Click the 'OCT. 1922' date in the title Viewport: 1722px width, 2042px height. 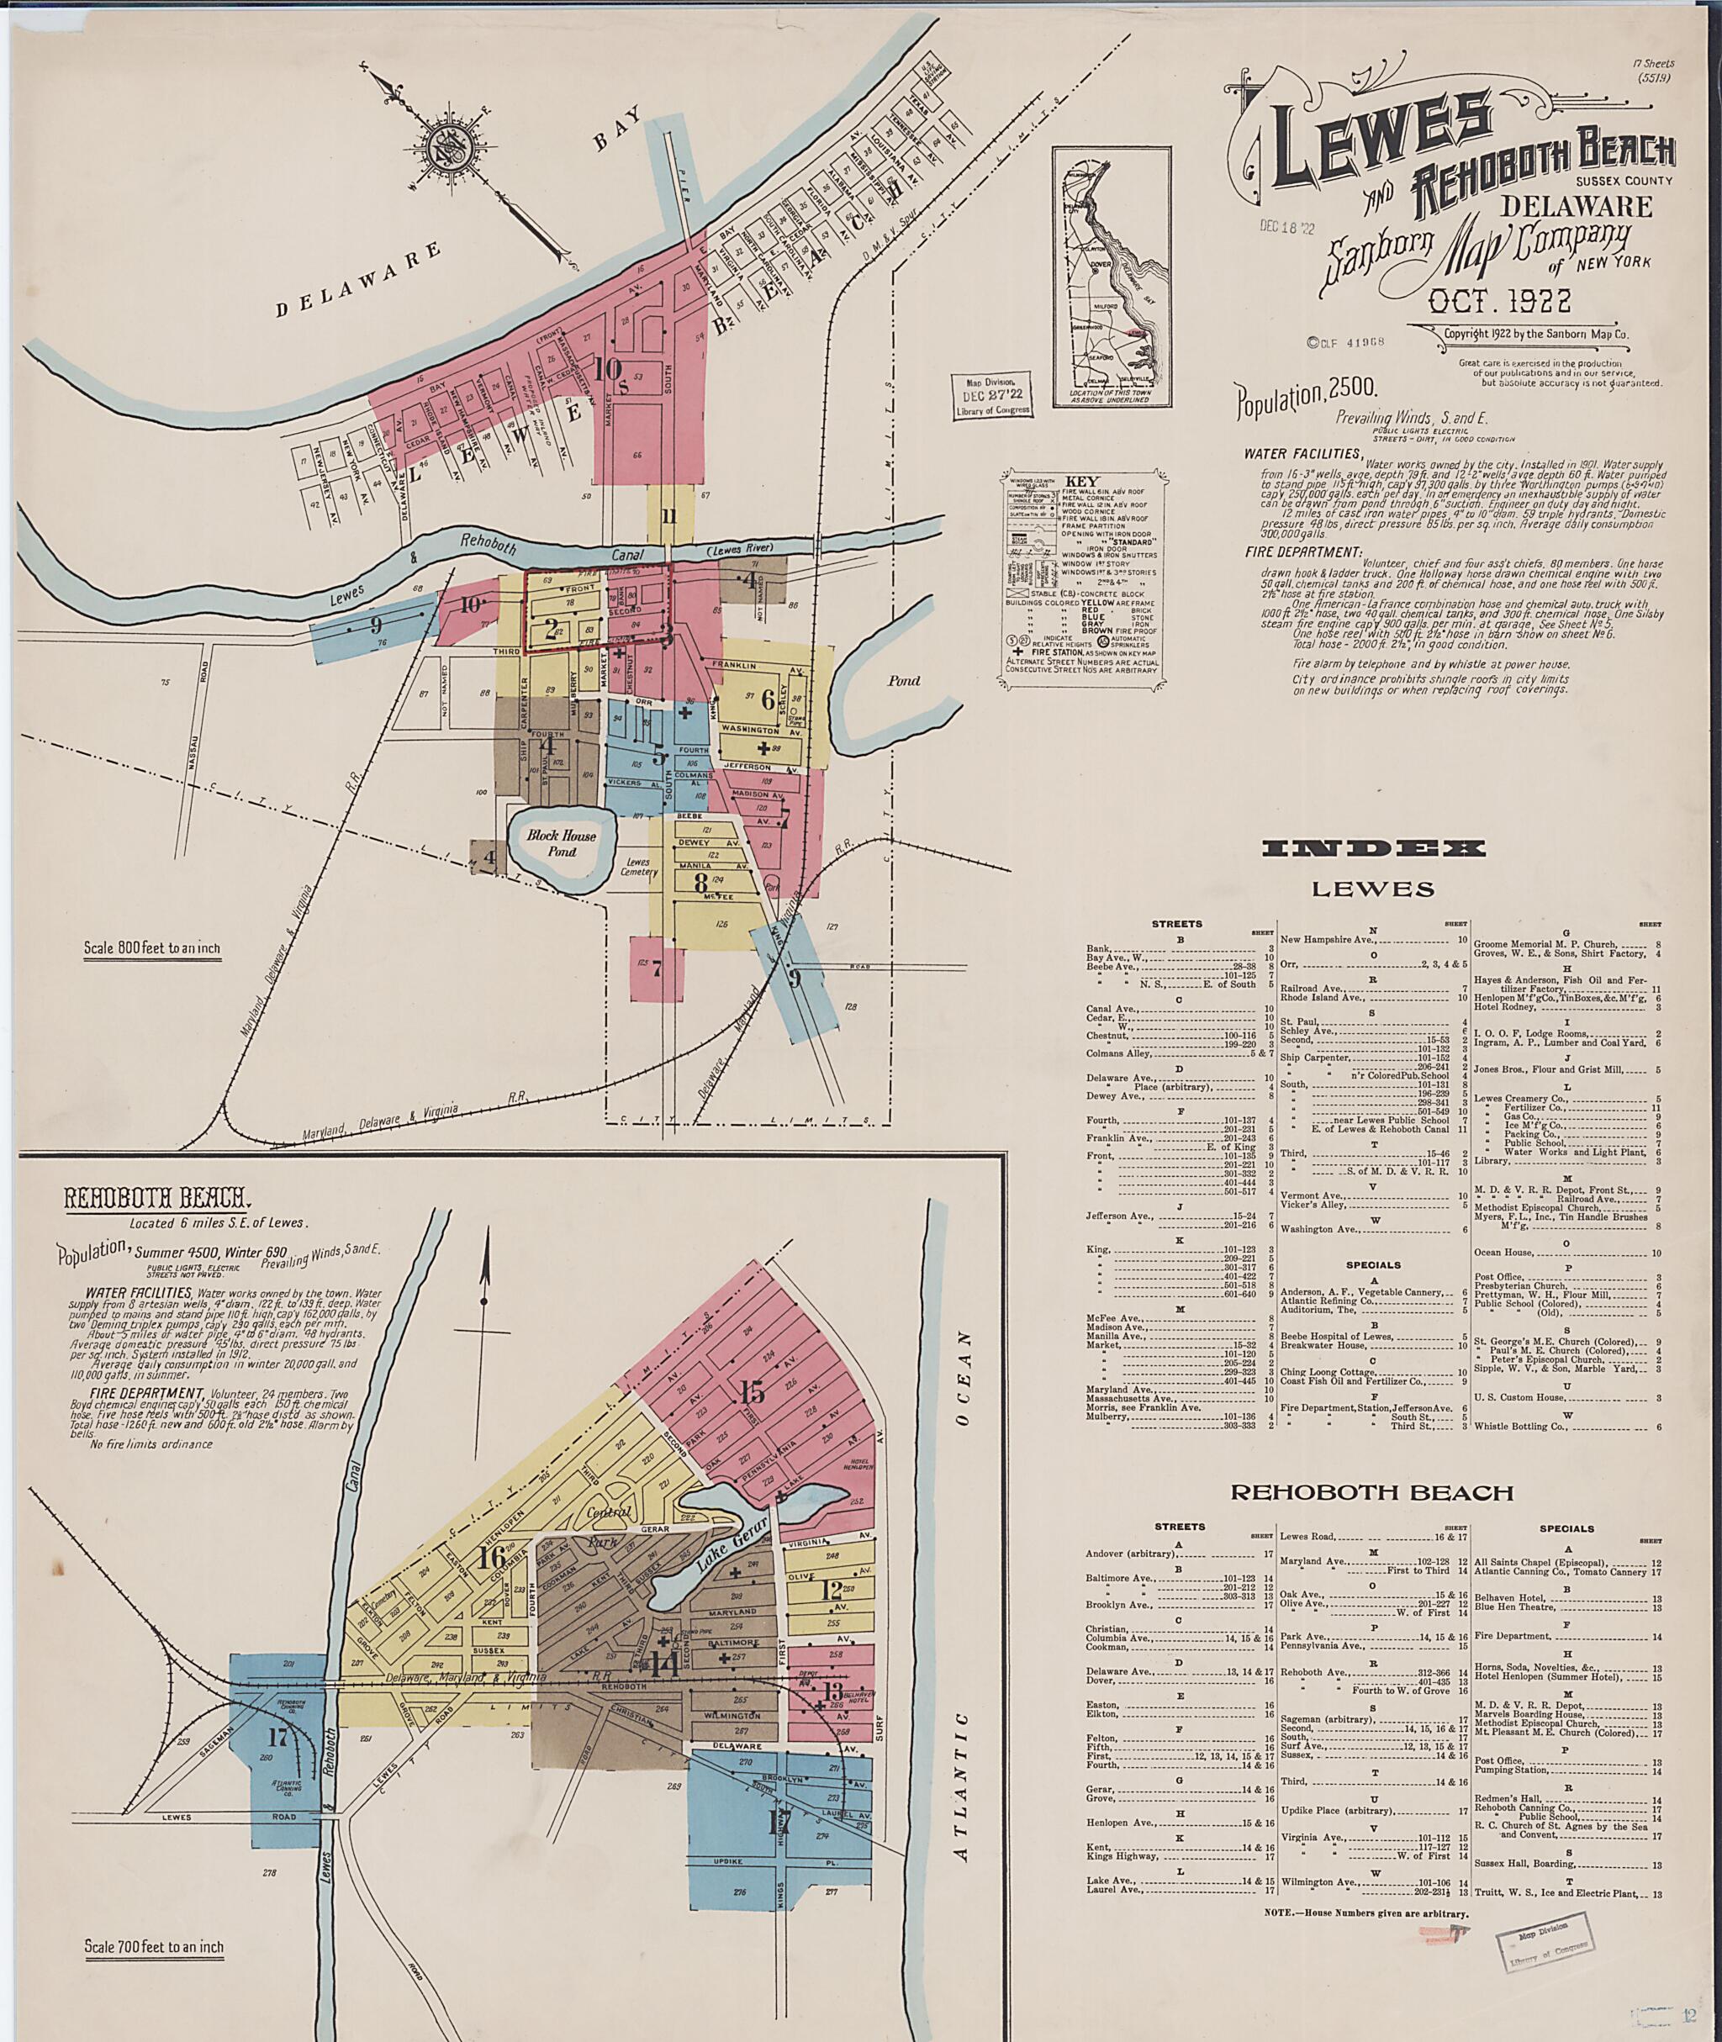pos(1498,302)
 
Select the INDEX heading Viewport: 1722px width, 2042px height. pos(1374,848)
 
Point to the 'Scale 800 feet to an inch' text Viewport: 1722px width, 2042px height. pos(151,947)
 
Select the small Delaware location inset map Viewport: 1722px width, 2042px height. pos(1112,277)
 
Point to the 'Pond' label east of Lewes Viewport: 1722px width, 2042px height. pos(903,680)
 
